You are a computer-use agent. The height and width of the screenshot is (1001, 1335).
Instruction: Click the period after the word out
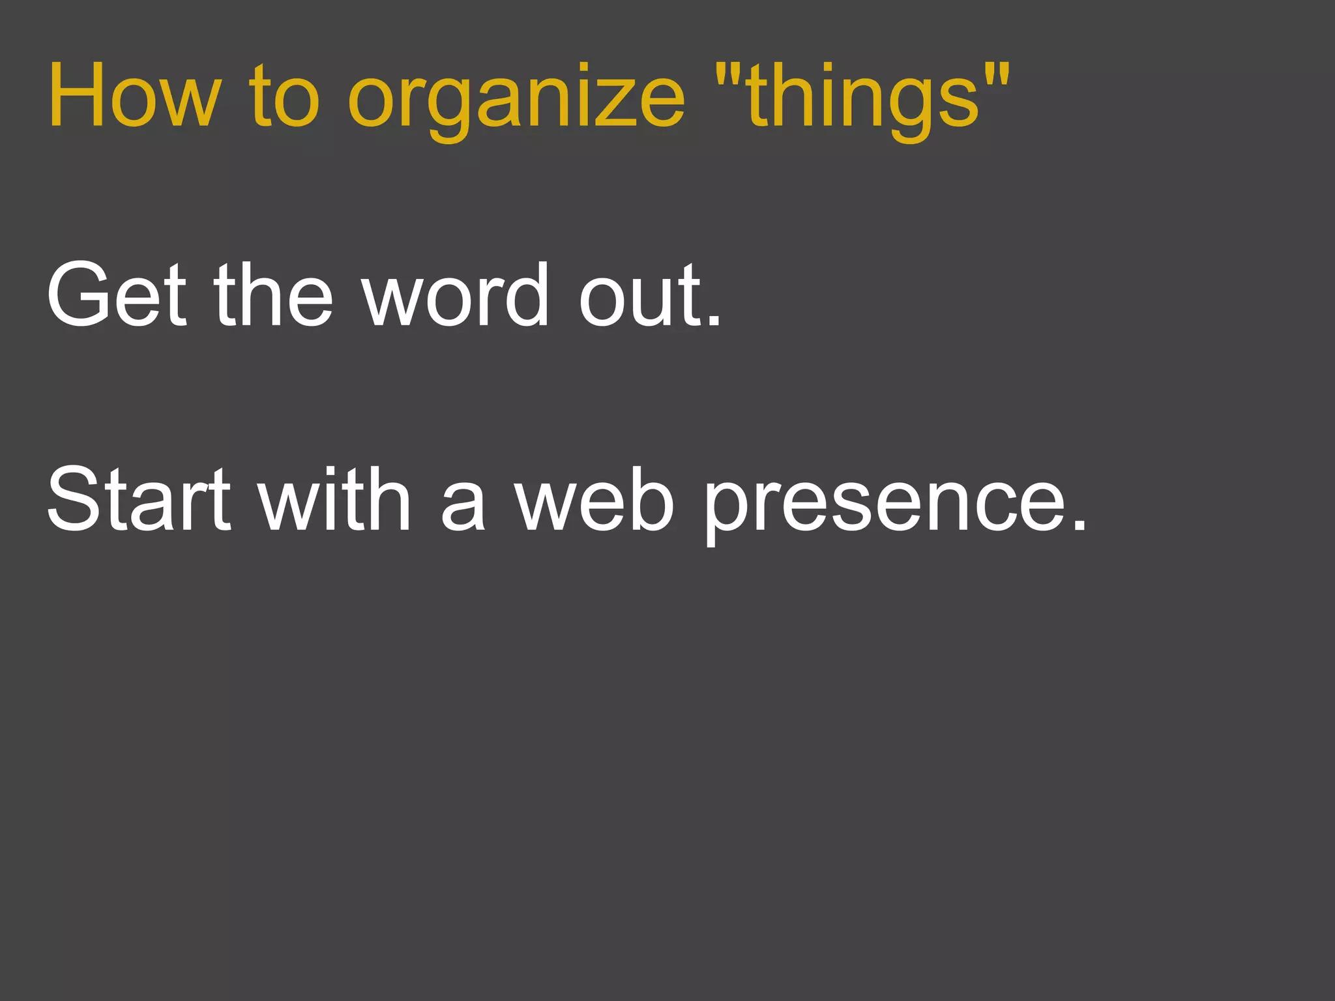tap(714, 319)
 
